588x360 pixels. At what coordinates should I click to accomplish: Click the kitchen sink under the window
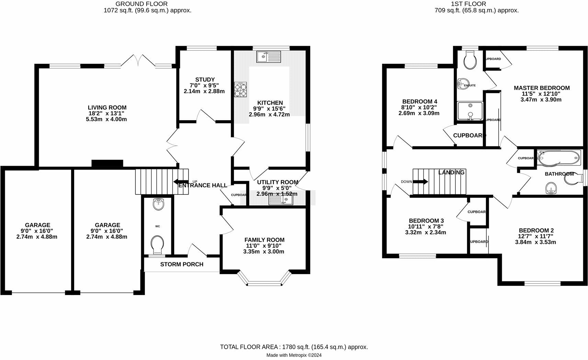pos(269,57)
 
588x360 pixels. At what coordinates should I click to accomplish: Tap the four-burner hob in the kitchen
pos(241,90)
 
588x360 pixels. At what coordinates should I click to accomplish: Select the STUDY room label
pos(205,80)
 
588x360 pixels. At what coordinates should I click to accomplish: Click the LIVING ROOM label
pos(107,108)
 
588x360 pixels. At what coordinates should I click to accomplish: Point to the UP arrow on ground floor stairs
pos(181,182)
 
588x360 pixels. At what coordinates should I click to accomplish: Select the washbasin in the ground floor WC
pos(159,204)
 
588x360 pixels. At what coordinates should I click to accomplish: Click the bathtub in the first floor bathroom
pos(558,158)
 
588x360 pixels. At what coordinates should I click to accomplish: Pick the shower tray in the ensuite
pos(470,111)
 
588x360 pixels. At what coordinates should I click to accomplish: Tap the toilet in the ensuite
pos(470,60)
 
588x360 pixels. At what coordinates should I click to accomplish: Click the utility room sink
pos(281,200)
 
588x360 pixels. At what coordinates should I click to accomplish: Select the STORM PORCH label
pos(182,265)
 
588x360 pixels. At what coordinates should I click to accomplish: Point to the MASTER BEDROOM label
pos(542,88)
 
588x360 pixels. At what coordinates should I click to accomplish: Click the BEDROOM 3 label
pos(426,221)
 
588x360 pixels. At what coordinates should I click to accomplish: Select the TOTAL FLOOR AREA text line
pos(294,347)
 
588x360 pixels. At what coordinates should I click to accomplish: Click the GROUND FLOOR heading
pos(142,4)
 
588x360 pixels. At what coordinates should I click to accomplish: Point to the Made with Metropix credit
pos(294,355)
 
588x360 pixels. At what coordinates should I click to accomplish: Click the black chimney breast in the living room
pos(108,163)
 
